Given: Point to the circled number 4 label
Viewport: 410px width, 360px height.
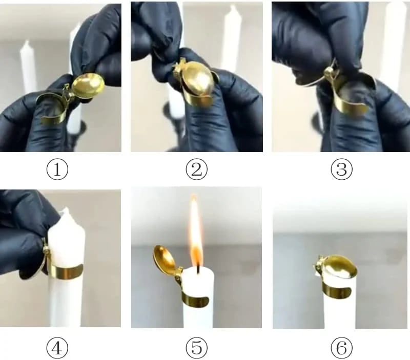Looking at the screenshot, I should pos(57,348).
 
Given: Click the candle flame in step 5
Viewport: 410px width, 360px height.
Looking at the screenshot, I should pos(195,230).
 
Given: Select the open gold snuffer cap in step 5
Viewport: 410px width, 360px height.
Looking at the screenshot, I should pos(165,260).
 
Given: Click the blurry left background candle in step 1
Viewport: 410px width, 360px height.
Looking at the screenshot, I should pos(28,67).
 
